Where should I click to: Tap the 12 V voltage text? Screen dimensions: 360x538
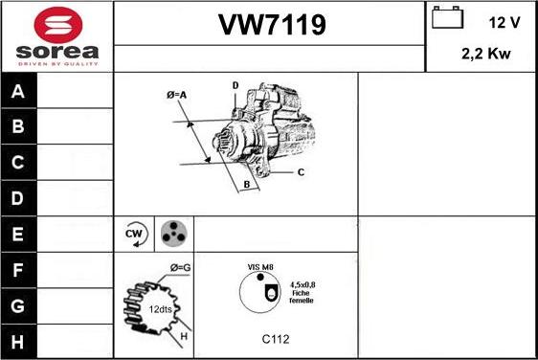504,20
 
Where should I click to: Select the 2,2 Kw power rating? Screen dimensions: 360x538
486,55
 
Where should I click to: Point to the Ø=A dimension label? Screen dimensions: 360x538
176,94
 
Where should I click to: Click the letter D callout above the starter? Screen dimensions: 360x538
235,86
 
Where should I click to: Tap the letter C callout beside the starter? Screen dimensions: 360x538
301,172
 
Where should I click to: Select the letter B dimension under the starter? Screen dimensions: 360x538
246,183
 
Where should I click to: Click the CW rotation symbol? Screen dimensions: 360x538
134,235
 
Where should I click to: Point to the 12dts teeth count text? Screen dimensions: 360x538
159,308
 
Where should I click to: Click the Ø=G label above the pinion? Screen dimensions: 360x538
180,266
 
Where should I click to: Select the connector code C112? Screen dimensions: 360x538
276,338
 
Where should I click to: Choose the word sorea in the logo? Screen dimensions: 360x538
57,49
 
